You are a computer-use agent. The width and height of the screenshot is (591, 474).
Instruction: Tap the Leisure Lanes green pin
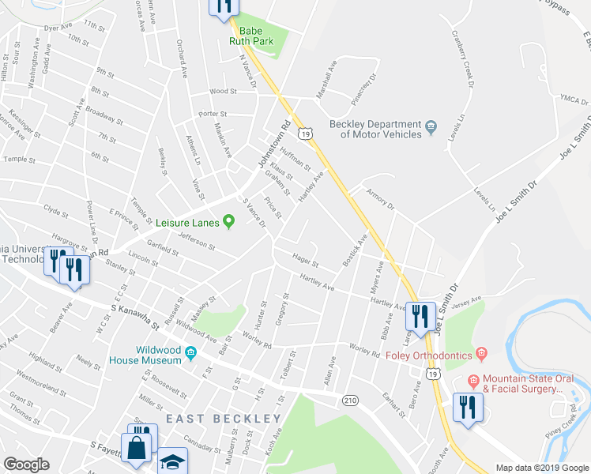click(228, 221)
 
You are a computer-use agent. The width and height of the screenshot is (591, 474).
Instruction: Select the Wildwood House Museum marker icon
click(190, 354)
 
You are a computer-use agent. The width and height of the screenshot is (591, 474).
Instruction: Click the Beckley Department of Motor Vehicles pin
click(431, 126)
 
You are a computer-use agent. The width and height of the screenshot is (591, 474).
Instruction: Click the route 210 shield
click(349, 400)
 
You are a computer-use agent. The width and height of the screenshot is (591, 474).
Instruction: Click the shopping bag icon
click(137, 446)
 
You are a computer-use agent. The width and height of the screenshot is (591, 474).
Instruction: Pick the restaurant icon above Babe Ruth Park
click(224, 6)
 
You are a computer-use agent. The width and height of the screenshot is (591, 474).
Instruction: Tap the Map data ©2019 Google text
click(541, 468)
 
